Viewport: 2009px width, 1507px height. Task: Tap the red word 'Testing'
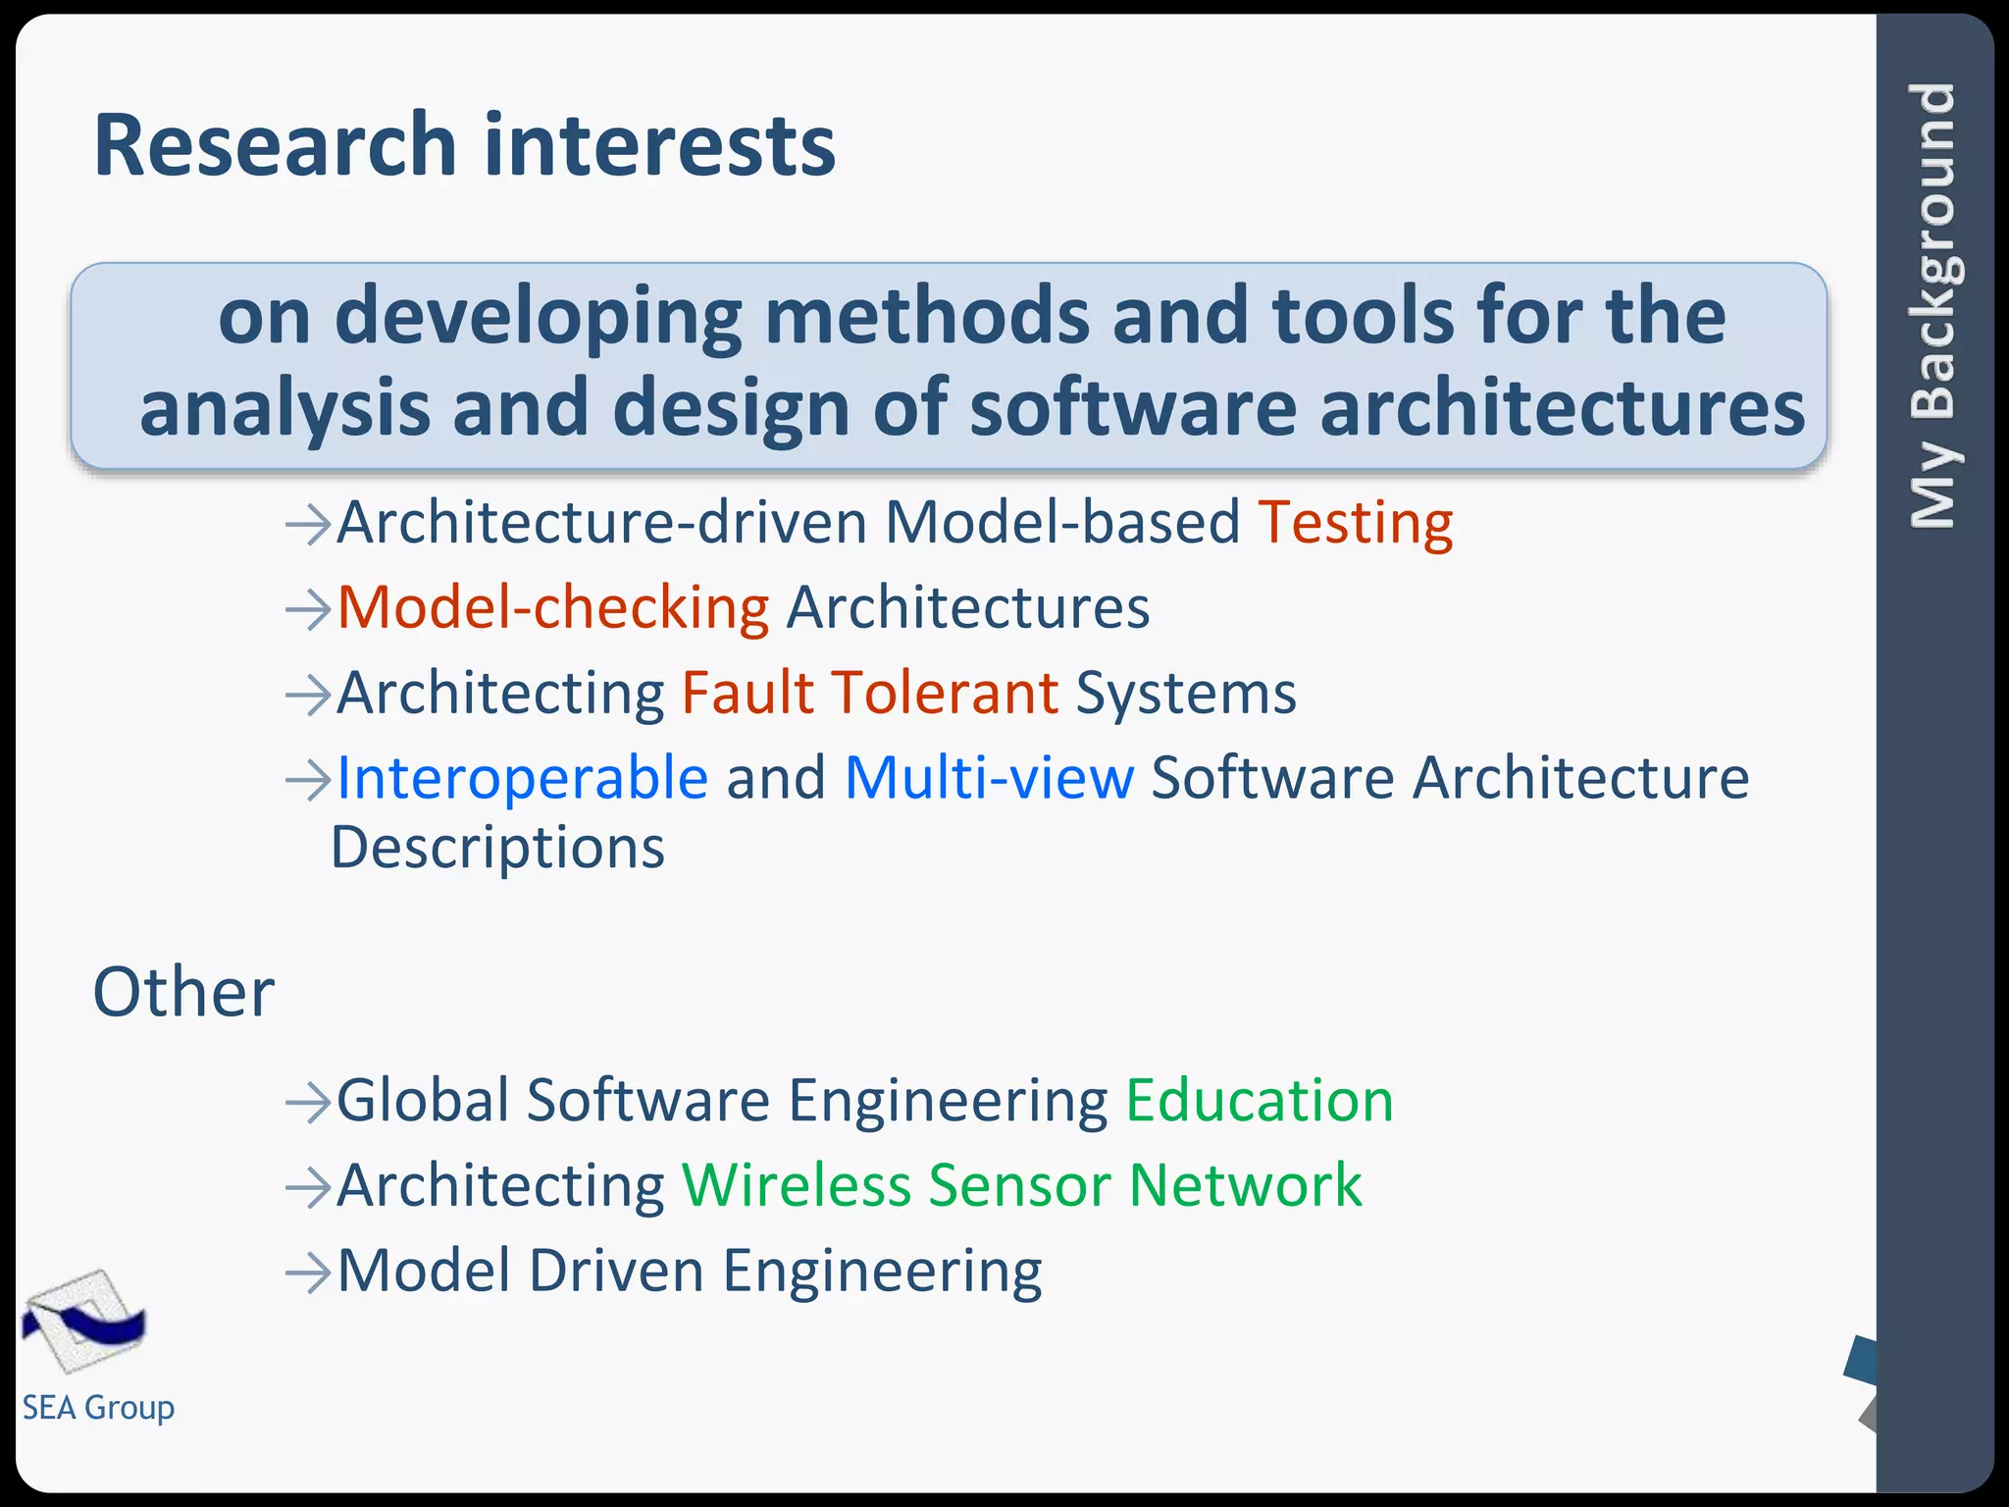coord(1355,523)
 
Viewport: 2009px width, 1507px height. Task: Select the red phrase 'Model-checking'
coord(553,608)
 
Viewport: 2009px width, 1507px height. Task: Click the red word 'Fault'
coord(747,693)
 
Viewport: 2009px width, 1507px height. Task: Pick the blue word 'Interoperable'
coord(522,779)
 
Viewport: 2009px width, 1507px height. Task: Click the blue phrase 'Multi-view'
coord(989,779)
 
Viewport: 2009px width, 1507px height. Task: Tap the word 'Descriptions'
coord(498,849)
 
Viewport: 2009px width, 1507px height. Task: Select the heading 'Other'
coord(183,993)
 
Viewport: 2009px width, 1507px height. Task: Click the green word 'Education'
coord(1259,1101)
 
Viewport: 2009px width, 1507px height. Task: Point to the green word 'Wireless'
coord(796,1186)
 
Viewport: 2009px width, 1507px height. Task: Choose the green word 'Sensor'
coord(1019,1186)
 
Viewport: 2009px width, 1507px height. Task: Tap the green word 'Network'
coord(1245,1186)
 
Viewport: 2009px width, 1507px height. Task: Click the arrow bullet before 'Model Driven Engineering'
coord(307,1273)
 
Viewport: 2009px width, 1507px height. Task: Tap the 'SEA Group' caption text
coord(98,1408)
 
